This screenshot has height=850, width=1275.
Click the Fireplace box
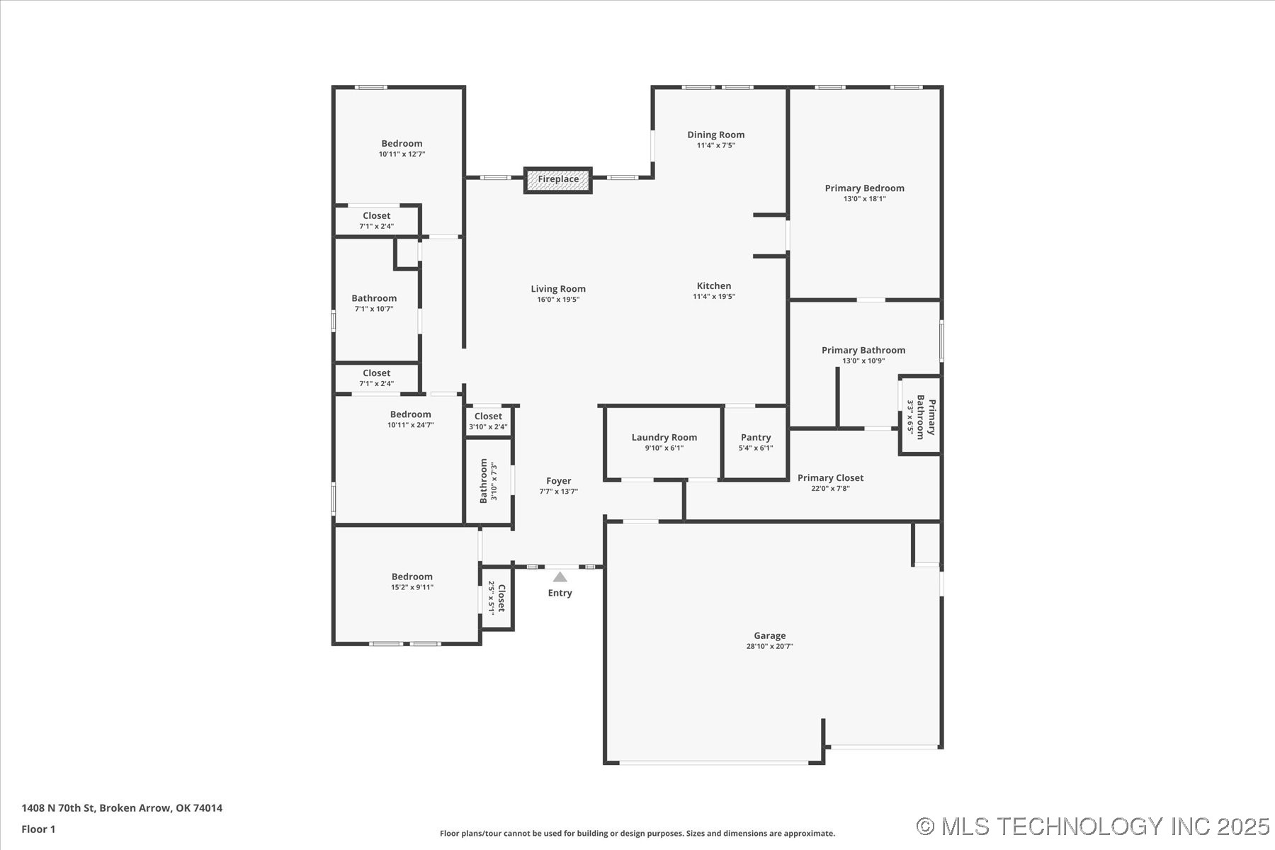tap(558, 180)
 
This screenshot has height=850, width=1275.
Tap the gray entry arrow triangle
tap(560, 577)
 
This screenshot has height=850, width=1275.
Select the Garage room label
tap(769, 636)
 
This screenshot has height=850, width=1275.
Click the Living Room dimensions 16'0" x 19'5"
tap(558, 300)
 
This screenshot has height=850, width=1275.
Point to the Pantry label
tap(756, 438)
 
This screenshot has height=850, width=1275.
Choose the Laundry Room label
tap(664, 438)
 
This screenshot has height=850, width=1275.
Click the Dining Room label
tap(715, 135)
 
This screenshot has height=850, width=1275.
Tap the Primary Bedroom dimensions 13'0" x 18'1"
tap(864, 199)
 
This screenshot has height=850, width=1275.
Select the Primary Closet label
tap(830, 478)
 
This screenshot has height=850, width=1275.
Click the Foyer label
tap(558, 481)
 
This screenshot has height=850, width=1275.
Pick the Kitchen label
tap(713, 286)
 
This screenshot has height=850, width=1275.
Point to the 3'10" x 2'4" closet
tap(488, 421)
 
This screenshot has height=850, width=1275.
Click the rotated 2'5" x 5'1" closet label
tap(497, 598)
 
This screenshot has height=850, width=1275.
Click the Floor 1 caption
tap(38, 829)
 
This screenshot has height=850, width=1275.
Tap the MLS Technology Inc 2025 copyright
tap(1092, 827)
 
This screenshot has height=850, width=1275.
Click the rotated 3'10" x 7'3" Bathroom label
tap(488, 481)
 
